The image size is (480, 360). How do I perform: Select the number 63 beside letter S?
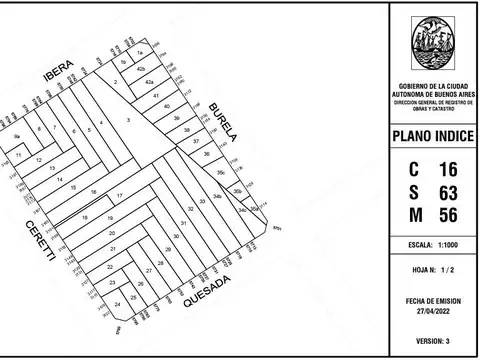(x=449, y=192)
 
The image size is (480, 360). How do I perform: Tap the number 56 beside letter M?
(x=449, y=214)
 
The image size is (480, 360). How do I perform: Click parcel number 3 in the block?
(x=128, y=120)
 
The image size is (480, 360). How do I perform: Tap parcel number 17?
(x=119, y=195)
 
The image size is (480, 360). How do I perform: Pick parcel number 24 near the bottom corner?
(x=118, y=303)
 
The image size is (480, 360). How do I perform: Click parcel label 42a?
(x=149, y=82)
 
